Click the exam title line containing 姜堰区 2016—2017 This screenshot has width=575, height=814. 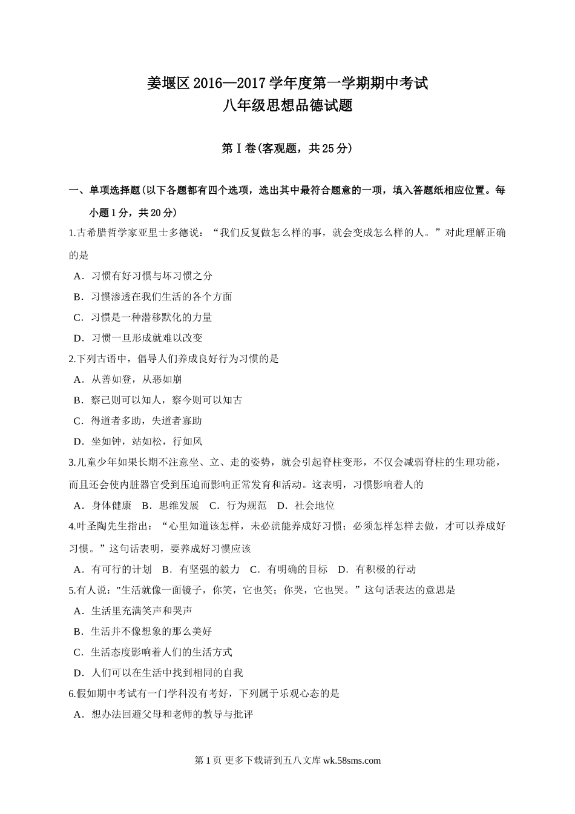point(287,82)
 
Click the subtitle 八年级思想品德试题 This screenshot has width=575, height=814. point(287,106)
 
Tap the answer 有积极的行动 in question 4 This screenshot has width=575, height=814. point(386,569)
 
